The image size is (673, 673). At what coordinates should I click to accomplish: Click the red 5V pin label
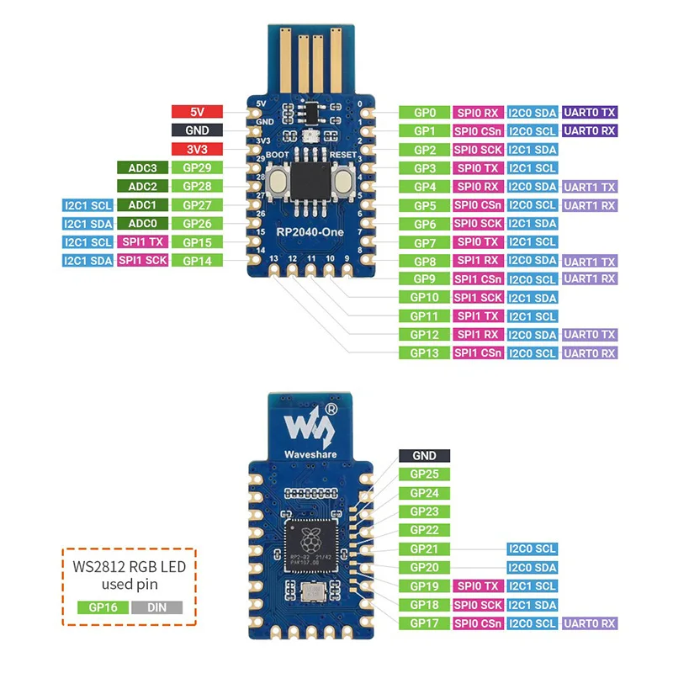point(197,112)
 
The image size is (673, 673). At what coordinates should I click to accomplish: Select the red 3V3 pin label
point(197,149)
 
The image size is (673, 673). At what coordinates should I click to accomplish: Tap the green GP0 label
point(424,112)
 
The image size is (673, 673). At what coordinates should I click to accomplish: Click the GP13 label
point(424,353)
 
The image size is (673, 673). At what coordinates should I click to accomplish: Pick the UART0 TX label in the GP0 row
point(590,112)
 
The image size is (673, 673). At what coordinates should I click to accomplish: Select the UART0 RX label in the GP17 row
point(590,623)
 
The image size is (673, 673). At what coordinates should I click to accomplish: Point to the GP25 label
point(424,474)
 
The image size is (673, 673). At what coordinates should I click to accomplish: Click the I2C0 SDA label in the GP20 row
point(532,568)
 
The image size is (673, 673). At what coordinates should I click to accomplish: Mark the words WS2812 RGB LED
point(130,566)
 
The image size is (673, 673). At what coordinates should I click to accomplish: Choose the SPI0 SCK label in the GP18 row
point(477,605)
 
